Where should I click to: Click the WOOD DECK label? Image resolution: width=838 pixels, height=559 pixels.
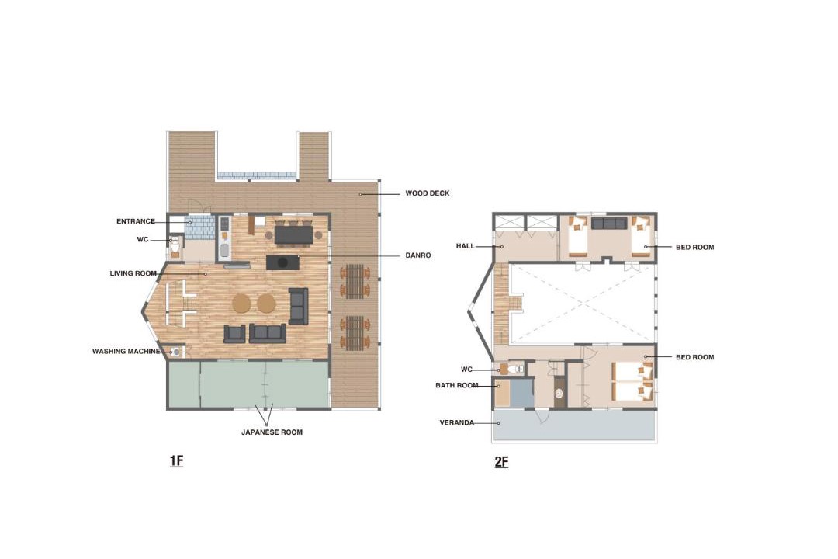427,193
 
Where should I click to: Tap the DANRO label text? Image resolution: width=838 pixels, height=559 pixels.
418,255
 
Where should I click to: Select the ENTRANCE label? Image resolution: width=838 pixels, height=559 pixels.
136,221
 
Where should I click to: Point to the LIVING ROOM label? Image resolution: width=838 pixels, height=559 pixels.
133,273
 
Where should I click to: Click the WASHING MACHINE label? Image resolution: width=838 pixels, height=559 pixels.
126,352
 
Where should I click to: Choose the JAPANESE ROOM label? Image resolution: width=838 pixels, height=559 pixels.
272,432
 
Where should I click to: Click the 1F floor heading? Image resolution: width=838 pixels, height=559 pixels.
176,460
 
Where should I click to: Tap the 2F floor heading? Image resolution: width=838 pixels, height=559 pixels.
501,462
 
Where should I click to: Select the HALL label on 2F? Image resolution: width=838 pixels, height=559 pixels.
465,246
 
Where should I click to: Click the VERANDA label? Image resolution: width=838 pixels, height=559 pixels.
457,422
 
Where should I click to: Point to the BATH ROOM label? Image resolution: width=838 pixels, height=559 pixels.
457,385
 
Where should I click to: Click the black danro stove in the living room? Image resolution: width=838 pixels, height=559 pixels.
282,262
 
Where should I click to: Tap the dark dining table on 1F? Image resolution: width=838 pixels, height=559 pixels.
293,234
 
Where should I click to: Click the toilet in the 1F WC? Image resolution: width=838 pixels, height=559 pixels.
175,246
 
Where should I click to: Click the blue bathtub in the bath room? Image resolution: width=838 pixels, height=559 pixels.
521,393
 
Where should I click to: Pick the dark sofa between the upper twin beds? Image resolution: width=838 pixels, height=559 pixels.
609,223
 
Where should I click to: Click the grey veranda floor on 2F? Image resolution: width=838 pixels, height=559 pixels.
574,425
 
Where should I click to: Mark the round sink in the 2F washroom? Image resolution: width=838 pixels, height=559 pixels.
559,393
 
